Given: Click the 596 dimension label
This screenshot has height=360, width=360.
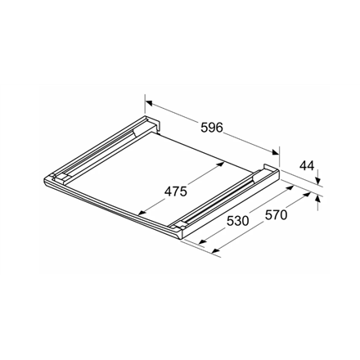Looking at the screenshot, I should [x=212, y=127].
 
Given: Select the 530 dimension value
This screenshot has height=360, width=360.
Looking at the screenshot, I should [x=237, y=221].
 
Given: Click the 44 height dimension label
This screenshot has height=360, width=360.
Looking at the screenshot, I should [x=307, y=166].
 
